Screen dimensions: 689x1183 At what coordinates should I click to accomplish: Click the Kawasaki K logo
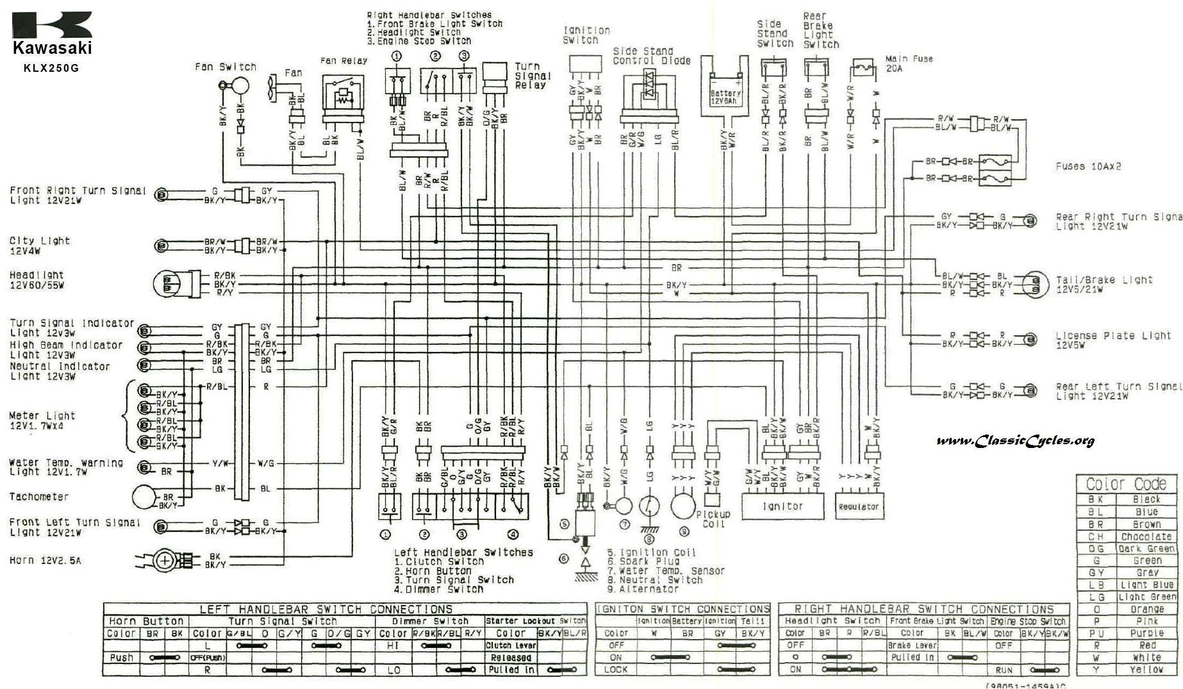(x=52, y=24)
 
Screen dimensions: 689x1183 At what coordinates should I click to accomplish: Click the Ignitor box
(x=782, y=506)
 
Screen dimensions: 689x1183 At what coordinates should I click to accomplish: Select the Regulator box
(x=858, y=506)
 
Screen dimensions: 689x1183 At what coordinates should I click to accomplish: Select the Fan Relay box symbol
(x=343, y=93)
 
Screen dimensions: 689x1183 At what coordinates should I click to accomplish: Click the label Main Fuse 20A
(x=909, y=63)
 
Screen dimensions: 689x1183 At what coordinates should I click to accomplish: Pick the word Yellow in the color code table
(x=1146, y=670)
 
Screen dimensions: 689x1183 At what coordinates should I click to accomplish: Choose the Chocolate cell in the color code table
(x=1146, y=536)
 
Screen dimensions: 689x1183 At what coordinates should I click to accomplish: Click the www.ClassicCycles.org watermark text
(x=1015, y=440)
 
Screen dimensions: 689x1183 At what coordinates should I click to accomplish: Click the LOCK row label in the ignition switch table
(x=615, y=669)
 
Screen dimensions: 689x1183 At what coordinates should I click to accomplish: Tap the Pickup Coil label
(x=713, y=519)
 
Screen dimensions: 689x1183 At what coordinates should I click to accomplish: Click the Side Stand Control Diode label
(x=651, y=56)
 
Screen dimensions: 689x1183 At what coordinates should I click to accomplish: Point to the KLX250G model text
(x=52, y=67)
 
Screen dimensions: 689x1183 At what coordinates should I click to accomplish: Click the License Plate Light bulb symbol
(x=1030, y=339)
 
